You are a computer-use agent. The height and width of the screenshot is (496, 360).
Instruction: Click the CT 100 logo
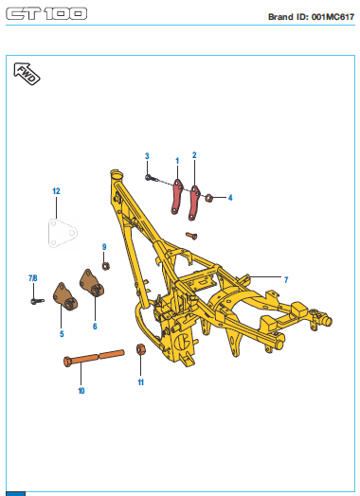46,13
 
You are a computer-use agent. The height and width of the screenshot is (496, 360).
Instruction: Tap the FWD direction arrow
27,74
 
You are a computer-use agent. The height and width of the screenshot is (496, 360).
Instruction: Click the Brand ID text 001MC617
333,17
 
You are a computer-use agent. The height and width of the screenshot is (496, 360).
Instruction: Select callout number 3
147,156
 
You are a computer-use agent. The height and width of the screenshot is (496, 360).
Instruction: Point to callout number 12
56,191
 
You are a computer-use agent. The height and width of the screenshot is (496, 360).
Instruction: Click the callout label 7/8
33,278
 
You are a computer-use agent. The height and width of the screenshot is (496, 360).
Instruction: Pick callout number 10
81,391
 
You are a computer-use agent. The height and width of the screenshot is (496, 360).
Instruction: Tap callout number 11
141,382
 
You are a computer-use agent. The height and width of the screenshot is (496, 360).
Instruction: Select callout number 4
230,198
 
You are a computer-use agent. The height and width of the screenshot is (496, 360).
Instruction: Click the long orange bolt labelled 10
94,358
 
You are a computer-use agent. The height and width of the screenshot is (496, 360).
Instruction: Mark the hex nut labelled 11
141,349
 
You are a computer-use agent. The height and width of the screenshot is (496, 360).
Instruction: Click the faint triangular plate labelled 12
63,233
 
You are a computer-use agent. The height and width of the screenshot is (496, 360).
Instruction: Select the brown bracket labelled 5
64,296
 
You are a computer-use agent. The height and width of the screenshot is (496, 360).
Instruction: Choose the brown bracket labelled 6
92,283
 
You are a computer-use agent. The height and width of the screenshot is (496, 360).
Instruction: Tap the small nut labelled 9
106,266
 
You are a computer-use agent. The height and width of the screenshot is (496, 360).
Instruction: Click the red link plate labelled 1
177,197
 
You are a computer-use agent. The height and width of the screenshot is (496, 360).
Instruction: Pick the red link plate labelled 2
194,204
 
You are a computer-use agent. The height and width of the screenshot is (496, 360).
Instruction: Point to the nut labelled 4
208,199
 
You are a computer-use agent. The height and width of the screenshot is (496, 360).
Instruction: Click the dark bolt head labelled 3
148,177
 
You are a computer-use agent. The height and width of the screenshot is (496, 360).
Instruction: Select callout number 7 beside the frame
286,280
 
